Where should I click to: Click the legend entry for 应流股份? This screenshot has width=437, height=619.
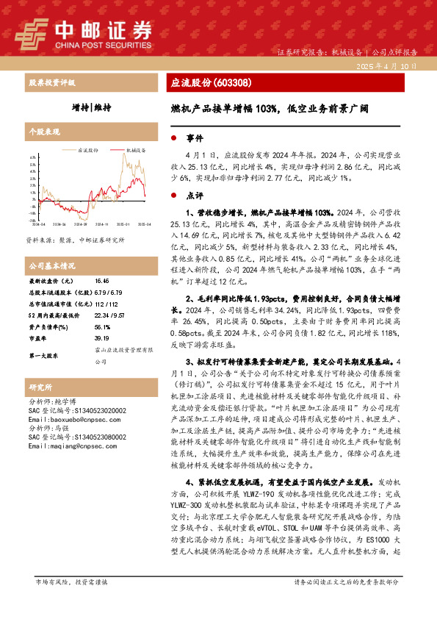click(84, 149)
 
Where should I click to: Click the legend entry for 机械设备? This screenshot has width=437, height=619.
click(132, 149)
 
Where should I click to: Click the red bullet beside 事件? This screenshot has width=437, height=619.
click(173, 138)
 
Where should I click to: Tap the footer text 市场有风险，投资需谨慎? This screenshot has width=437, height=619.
click(71, 602)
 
